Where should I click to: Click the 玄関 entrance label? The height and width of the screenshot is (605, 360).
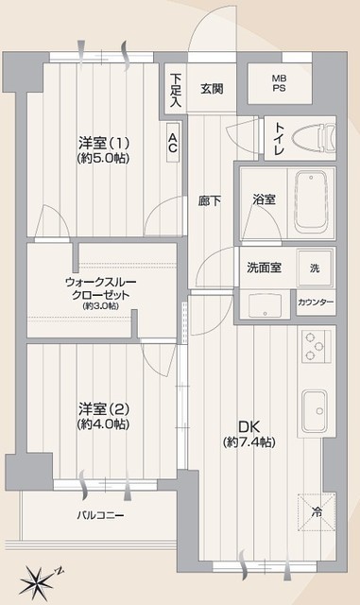click(x=212, y=89)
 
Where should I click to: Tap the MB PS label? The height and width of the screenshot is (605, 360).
click(x=279, y=83)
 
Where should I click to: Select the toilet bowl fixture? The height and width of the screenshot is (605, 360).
click(x=314, y=138)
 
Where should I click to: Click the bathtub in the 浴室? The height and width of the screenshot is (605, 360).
click(x=311, y=201)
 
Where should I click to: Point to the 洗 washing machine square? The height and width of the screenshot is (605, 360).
click(x=315, y=268)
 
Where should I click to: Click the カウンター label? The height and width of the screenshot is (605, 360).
click(x=316, y=302)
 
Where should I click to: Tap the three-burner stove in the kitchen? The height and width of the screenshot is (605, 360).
click(x=316, y=346)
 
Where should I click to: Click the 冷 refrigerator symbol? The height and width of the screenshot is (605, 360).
click(x=317, y=512)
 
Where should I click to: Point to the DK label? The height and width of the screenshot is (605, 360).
click(x=249, y=426)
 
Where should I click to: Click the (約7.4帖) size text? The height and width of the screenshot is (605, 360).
click(x=249, y=442)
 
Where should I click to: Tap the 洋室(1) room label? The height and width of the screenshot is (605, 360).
click(x=103, y=144)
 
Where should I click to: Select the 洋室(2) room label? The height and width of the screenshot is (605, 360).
click(x=103, y=408)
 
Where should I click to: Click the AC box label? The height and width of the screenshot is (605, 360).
click(x=173, y=143)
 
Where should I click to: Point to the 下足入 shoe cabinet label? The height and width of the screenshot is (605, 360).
click(x=176, y=90)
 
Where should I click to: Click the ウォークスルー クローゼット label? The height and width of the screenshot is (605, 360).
click(x=101, y=288)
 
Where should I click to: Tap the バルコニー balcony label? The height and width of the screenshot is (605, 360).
click(x=100, y=515)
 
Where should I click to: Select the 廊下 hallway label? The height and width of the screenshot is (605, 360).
click(x=210, y=200)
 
